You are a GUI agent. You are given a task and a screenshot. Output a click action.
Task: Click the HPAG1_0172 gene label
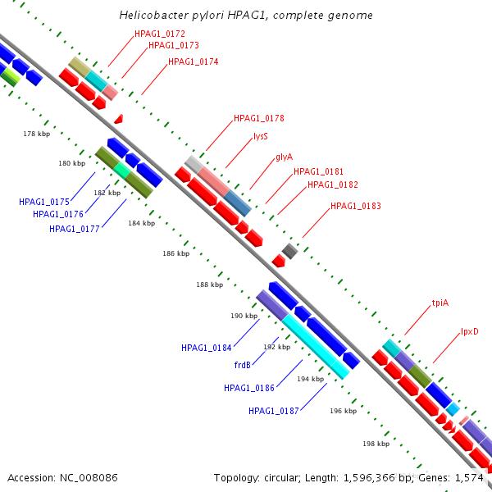[160, 34]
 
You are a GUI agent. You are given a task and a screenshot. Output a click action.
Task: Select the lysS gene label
[261, 136]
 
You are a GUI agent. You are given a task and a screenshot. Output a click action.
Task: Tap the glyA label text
[284, 157]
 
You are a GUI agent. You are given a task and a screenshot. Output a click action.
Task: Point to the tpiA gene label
[440, 303]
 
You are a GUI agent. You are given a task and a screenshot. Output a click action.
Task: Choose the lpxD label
[469, 331]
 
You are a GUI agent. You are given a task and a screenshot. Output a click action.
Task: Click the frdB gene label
[242, 365]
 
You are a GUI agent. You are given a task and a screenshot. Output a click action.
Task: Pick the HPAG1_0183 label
[356, 206]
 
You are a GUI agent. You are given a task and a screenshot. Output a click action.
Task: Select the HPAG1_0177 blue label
[75, 229]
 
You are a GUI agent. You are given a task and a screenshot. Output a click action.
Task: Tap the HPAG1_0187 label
[274, 411]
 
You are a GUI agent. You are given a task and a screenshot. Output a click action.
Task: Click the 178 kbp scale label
[36, 134]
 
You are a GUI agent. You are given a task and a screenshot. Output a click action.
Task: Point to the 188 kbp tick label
[210, 285]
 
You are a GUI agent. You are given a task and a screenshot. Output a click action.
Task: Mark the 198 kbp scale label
[376, 444]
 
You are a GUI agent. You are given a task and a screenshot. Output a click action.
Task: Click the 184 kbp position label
[142, 223]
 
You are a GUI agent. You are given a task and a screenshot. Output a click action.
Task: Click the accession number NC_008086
[89, 478]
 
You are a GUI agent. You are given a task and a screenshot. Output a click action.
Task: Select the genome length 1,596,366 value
[369, 478]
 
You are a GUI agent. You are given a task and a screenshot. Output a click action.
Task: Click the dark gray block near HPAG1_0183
[289, 251]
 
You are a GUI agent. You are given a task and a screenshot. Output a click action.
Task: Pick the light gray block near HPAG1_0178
[194, 165]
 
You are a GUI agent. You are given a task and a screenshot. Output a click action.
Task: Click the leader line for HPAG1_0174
[154, 80]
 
